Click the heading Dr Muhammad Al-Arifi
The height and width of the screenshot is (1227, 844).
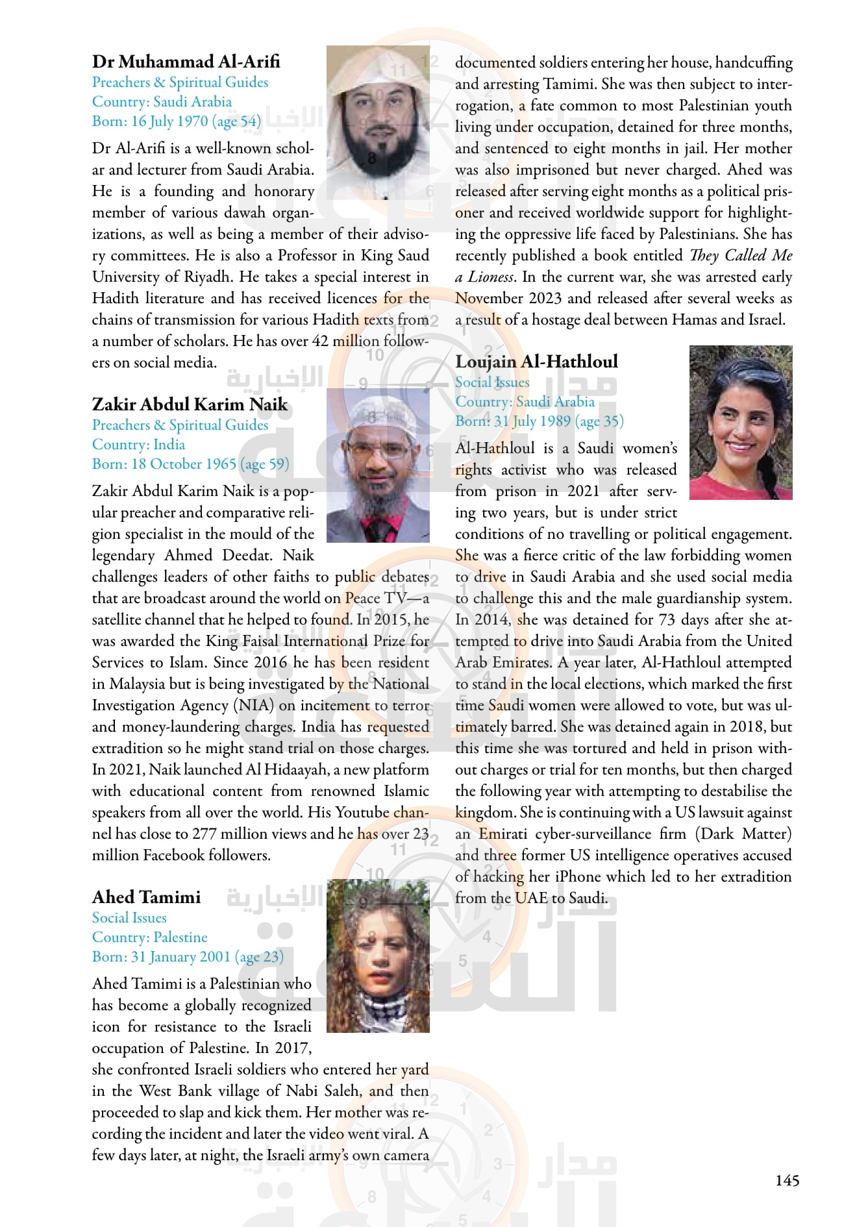[186, 62]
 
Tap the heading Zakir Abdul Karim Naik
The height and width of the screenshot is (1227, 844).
[190, 404]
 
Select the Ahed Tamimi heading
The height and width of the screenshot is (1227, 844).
[146, 897]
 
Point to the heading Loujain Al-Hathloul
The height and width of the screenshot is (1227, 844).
[536, 362]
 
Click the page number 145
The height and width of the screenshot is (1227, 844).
[787, 1180]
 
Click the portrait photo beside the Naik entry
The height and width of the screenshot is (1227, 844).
[378, 465]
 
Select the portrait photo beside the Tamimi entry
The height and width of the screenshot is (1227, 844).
[378, 956]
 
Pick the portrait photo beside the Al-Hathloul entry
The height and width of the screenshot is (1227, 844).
[741, 423]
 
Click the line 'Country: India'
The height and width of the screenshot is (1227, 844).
[138, 445]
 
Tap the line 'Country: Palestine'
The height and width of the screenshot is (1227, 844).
[149, 937]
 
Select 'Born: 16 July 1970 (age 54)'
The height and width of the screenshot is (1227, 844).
[176, 121]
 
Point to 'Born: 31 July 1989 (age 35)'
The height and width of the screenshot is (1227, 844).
[539, 421]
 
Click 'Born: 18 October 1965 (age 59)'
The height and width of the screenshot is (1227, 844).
[190, 464]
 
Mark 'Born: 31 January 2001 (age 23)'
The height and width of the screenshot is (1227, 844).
[188, 957]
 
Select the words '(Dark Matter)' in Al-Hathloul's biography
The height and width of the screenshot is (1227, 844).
[743, 834]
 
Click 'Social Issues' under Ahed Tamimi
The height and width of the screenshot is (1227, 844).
[129, 918]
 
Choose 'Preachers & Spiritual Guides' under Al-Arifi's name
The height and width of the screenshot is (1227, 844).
[180, 82]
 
